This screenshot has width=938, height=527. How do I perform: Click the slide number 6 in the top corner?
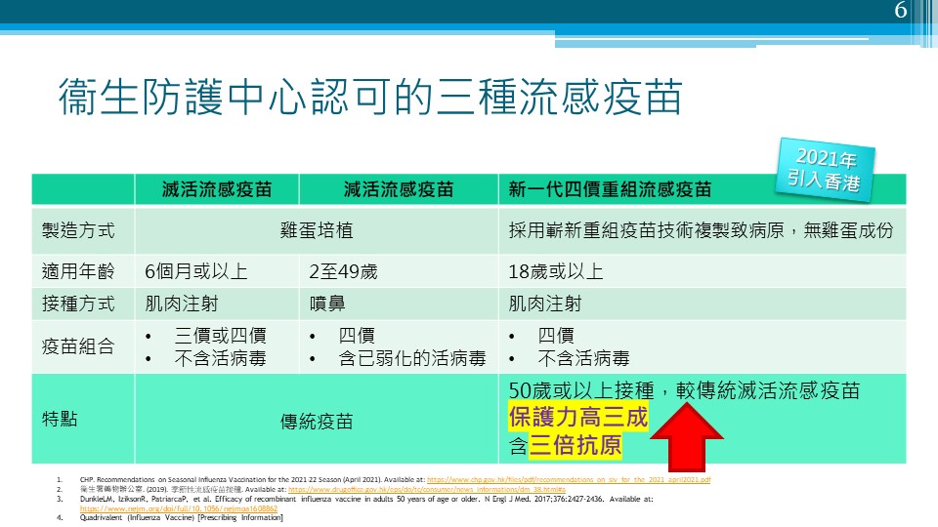pyautogui.click(x=901, y=12)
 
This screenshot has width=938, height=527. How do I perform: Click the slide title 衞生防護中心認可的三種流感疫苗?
pyautogui.click(x=369, y=100)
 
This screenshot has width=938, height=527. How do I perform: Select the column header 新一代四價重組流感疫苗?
pyautogui.click(x=610, y=189)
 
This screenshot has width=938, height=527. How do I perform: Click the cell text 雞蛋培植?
pyautogui.click(x=316, y=231)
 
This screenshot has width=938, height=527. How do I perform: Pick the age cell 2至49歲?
pyautogui.click(x=343, y=271)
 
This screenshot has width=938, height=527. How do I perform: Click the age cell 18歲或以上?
pyautogui.click(x=556, y=271)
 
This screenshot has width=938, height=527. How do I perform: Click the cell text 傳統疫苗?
pyautogui.click(x=316, y=422)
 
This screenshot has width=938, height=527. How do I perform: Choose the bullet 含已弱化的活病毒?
pyautogui.click(x=411, y=358)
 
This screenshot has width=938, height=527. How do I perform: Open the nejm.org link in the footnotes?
pyautogui.click(x=178, y=508)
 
